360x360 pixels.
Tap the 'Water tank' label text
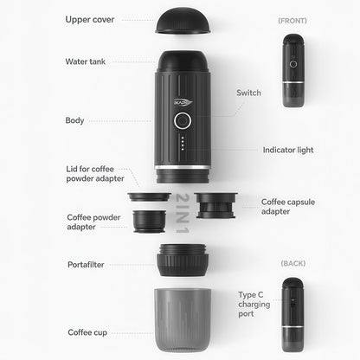coord(87,61)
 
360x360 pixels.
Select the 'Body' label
coord(74,120)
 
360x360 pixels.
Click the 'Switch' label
coord(248,93)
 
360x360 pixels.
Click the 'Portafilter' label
coord(87,264)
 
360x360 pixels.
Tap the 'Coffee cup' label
coord(88,331)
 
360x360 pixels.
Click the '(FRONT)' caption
coord(292,19)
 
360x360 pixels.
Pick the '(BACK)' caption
coord(292,262)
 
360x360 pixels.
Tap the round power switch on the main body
coord(182,121)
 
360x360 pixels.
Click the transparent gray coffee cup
coord(182,321)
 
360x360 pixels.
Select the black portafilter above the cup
coord(182,260)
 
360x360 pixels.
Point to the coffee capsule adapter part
coord(216,208)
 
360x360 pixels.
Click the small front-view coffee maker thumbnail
coord(292,71)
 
